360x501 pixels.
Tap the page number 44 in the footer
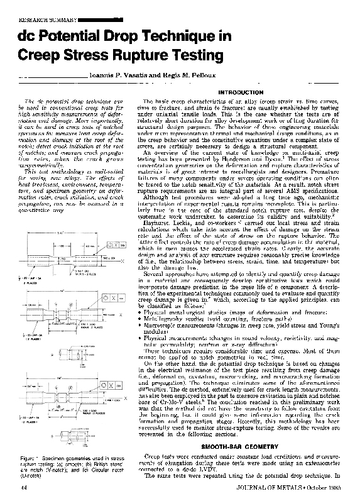click(23, 487)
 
